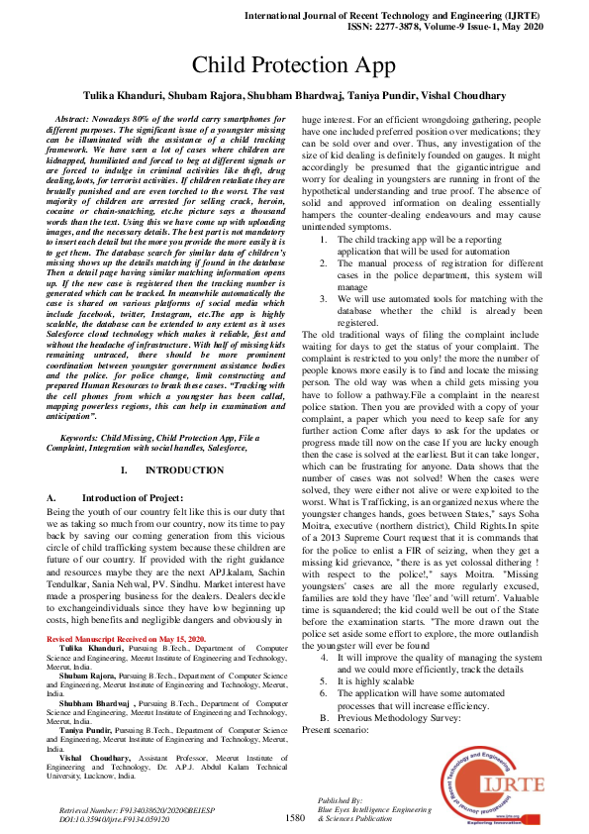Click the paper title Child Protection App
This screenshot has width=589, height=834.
point(294,66)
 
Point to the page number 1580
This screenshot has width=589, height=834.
point(294,818)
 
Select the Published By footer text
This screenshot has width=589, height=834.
point(341,798)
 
